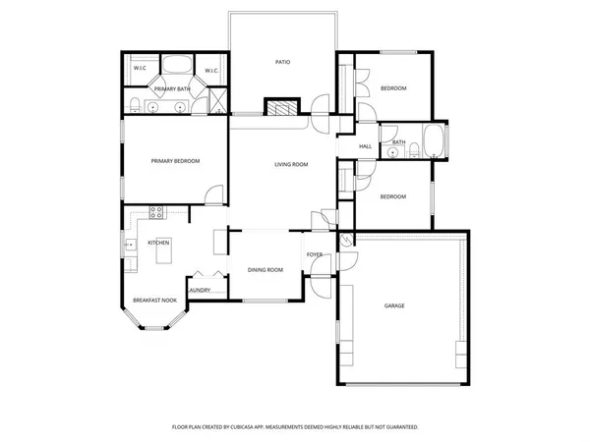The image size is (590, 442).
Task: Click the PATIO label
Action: click(282, 62)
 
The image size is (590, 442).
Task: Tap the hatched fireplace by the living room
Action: click(282, 108)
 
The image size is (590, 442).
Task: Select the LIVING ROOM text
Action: click(291, 164)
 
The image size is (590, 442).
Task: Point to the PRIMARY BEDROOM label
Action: click(175, 161)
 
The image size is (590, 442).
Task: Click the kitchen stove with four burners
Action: click(155, 212)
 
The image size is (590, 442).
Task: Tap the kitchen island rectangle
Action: click(163, 255)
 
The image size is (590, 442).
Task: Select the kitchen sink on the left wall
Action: click(129, 245)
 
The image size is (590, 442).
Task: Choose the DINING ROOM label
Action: click(265, 269)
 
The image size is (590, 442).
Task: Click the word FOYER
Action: click(315, 255)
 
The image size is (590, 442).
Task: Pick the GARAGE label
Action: click(394, 305)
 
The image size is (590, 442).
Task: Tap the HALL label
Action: click(365, 146)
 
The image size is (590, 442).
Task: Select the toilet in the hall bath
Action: click(414, 150)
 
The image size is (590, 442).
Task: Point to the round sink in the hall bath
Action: click(392, 153)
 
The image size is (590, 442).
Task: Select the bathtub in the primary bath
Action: click(177, 68)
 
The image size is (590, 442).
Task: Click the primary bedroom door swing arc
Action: click(213, 193)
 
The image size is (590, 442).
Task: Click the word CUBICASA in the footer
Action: click(251, 427)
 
